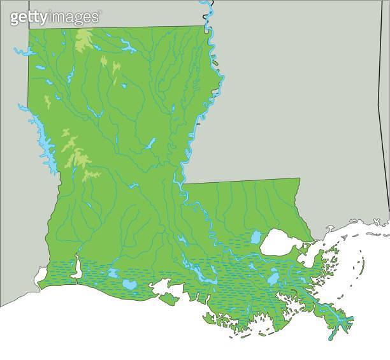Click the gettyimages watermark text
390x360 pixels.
[55, 17]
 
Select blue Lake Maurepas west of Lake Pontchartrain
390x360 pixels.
[256, 237]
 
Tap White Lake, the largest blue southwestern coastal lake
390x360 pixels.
[129, 284]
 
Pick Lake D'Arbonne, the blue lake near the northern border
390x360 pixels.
[127, 46]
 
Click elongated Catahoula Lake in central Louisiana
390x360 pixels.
[150, 144]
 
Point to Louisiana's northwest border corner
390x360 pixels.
[28, 28]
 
